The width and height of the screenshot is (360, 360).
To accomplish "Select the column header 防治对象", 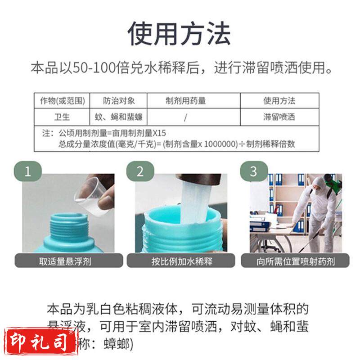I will point(118,100).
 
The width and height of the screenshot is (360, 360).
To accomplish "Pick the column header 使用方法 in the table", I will point(279,100).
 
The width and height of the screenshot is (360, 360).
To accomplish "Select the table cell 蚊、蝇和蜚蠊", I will point(118,117).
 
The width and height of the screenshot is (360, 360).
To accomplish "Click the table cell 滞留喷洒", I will point(279,117).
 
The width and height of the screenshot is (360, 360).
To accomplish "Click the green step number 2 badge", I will point(140,171).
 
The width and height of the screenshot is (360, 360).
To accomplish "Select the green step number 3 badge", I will point(253,171).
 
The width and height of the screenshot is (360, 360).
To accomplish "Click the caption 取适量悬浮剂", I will point(65,261).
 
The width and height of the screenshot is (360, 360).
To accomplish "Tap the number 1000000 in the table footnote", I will point(217,144).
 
